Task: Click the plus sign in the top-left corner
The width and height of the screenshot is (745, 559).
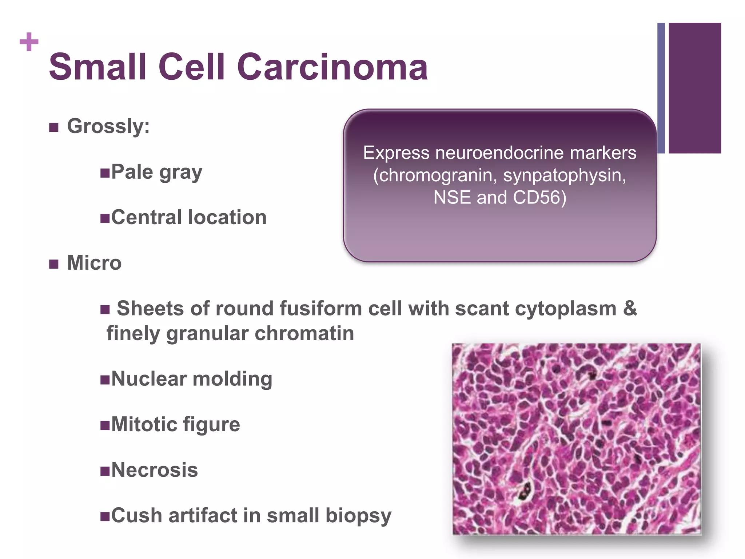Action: tap(29, 42)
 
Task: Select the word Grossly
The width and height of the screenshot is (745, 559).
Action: tap(108, 126)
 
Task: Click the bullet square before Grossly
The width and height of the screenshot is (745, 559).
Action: tap(54, 127)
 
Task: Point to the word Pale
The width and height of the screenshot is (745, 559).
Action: tap(132, 172)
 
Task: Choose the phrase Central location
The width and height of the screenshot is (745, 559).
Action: tap(189, 217)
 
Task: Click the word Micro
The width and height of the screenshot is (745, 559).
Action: tap(94, 263)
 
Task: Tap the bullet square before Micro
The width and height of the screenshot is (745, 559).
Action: tap(54, 264)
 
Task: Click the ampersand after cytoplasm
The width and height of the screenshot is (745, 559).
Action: tap(630, 309)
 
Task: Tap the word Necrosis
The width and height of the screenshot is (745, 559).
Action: tap(155, 470)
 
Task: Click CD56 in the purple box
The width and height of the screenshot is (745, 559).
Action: tap(539, 198)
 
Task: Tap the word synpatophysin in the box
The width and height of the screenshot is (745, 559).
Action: tap(564, 175)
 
